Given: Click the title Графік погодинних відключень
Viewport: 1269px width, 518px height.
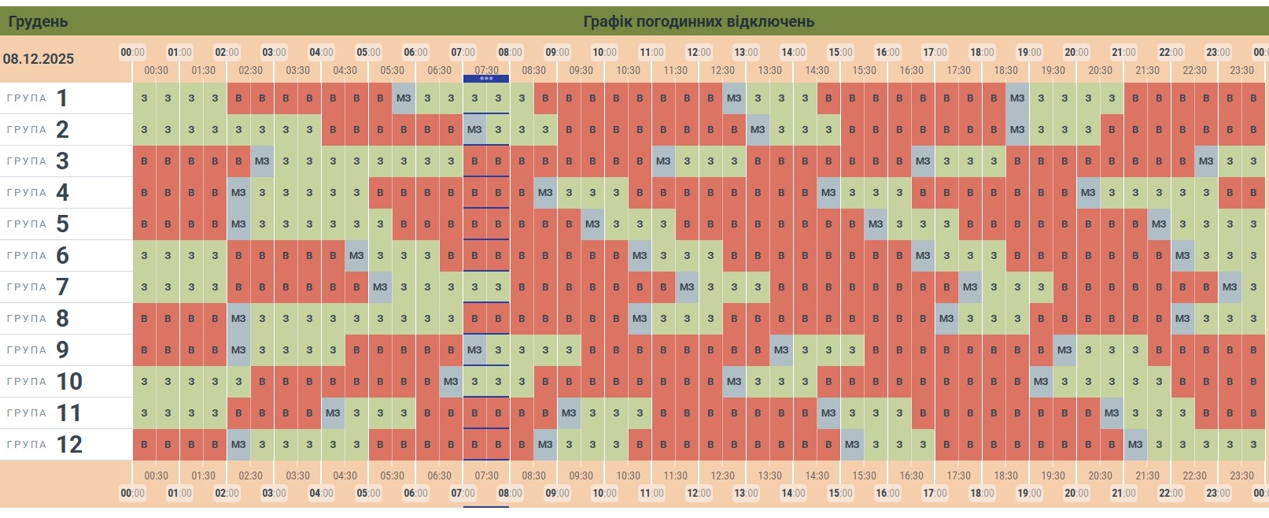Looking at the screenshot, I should point(698,21).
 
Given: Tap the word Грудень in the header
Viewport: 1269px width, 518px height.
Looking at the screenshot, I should point(38,21).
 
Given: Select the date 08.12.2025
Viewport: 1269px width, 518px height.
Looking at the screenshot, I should point(38,59).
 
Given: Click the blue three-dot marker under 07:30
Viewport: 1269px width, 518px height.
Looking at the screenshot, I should point(486,79).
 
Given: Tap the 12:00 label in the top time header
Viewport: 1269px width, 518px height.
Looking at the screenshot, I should point(699,53).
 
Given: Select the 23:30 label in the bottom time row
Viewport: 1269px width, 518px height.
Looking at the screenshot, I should point(1241,475).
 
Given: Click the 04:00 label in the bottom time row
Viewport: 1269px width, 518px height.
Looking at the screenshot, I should point(321,494).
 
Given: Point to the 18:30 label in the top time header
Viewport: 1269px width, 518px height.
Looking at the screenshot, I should point(1005,70).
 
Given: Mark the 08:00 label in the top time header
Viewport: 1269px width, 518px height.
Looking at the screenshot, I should point(510,53).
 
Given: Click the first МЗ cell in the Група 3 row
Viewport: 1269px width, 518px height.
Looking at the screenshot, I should point(262,161).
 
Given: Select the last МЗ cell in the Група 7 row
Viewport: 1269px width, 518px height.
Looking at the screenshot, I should point(1230,287).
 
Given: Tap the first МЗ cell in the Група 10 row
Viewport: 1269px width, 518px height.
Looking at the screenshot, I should point(451,382).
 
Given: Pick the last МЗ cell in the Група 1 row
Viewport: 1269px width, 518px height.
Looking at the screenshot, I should point(1017,98).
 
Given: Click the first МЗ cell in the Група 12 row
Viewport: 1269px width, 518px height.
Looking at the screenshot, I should point(238,445).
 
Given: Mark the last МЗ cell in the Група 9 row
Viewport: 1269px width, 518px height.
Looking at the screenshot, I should point(1064,350).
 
